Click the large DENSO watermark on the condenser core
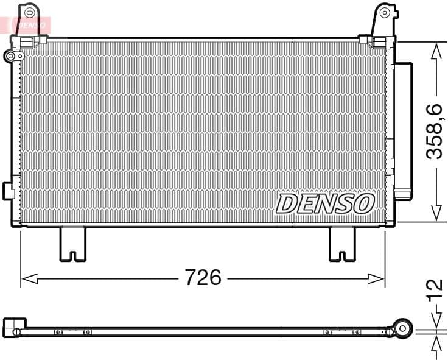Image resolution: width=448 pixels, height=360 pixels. pos(325,203)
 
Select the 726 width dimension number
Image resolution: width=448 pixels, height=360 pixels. pos(203,278)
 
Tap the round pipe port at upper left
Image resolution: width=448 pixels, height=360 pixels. pos(10,57)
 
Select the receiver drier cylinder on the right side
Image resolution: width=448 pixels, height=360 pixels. pos(402,131)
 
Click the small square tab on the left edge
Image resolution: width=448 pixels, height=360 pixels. pos(8,189)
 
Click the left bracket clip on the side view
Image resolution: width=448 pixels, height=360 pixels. pos(72,332)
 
